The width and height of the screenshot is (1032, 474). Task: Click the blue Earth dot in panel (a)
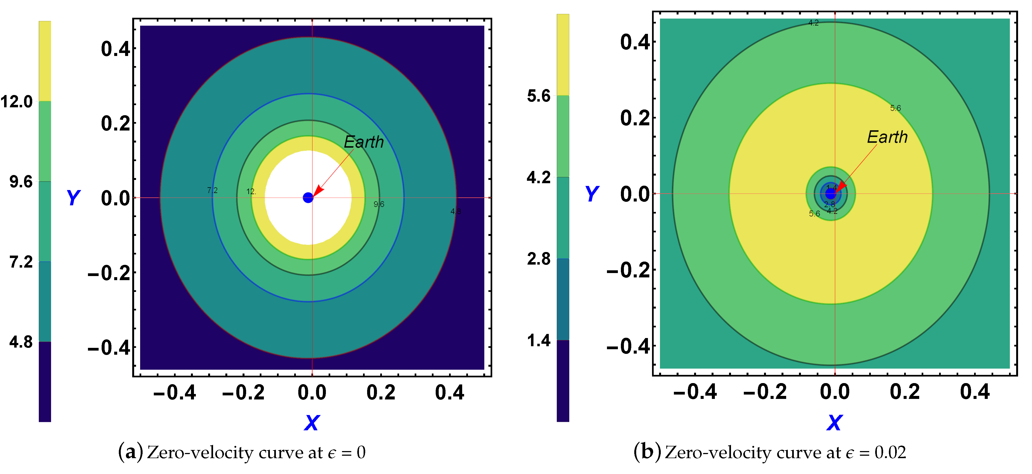(x=308, y=197)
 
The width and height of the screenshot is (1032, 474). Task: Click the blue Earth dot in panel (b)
(x=830, y=194)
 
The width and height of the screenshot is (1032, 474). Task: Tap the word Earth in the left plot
(x=364, y=142)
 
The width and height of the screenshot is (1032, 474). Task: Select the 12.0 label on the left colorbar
(x=17, y=102)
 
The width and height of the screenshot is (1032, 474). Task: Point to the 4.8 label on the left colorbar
(x=21, y=342)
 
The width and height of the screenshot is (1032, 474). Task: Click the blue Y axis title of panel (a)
(x=73, y=197)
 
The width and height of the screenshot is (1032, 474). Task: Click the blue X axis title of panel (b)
(x=835, y=423)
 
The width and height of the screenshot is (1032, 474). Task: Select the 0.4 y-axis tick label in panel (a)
(x=115, y=49)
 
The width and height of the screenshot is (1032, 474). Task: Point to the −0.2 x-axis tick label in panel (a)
(x=243, y=392)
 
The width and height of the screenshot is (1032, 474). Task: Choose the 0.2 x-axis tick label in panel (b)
(x=905, y=392)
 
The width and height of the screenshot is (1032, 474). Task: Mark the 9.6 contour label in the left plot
(x=379, y=205)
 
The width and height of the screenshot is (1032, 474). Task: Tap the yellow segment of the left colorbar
(x=45, y=60)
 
